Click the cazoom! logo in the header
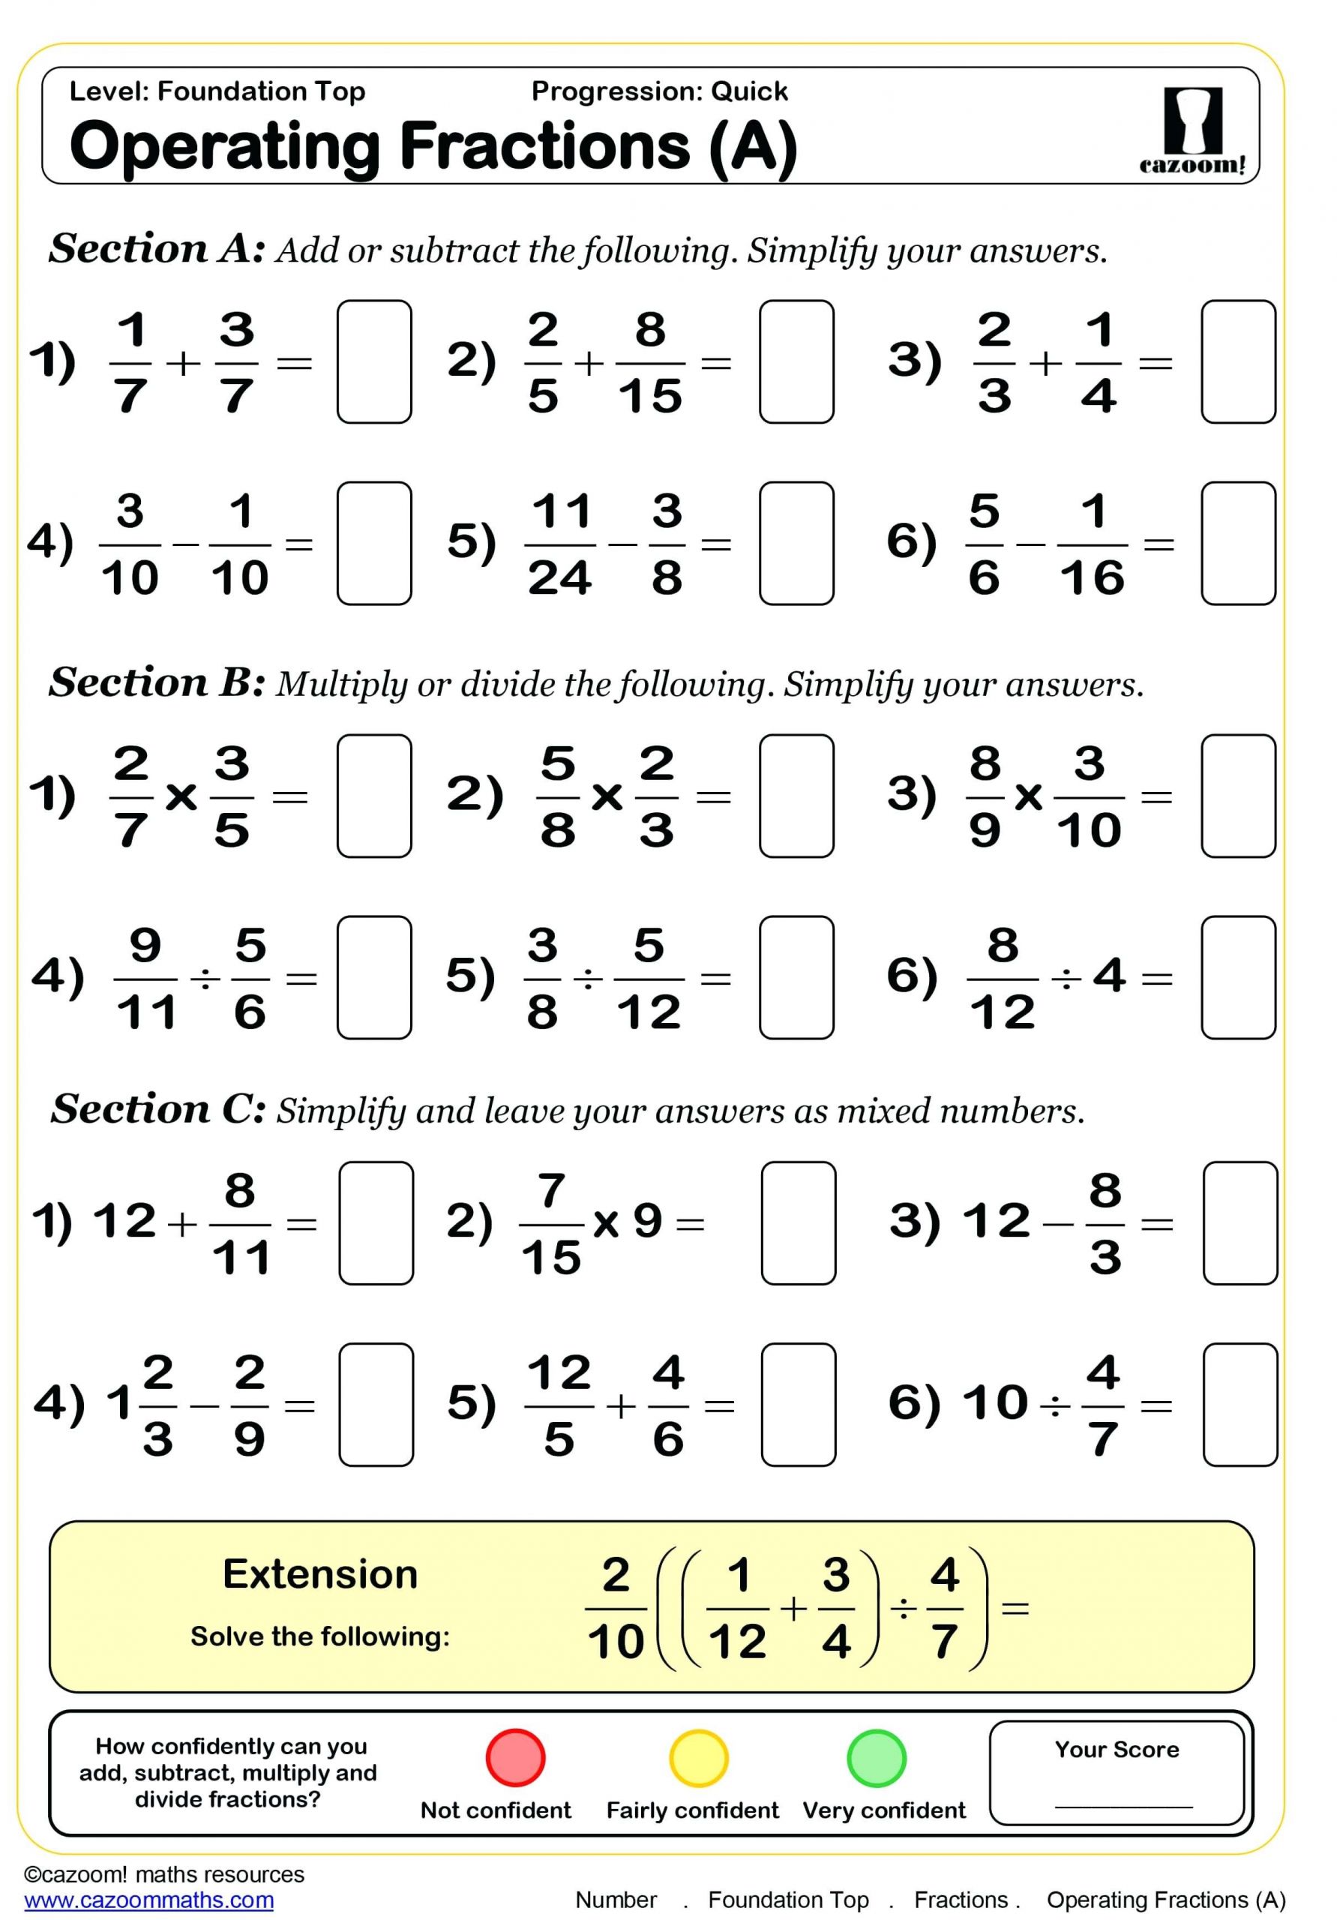coord(1192,130)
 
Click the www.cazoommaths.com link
coord(148,1900)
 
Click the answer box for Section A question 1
coord(373,361)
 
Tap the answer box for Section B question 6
coord(1237,976)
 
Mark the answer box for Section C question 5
coord(798,1404)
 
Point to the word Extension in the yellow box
coord(319,1573)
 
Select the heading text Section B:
coord(157,682)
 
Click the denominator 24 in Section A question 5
coord(559,577)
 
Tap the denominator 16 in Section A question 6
coord(1092,577)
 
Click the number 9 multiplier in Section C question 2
coord(647,1221)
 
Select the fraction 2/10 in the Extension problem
coord(616,1607)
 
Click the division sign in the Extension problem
coord(903,1608)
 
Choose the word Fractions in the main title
coord(546,146)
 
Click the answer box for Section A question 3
coord(1237,361)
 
